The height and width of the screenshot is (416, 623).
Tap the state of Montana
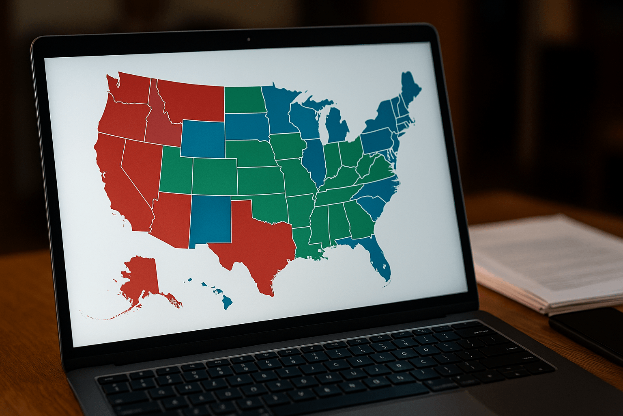click(191, 102)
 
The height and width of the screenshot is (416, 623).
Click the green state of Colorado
click(214, 177)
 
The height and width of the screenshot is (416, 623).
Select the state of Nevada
click(140, 167)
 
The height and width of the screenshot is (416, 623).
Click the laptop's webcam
click(248, 39)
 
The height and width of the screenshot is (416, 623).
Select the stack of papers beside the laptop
click(548, 260)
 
